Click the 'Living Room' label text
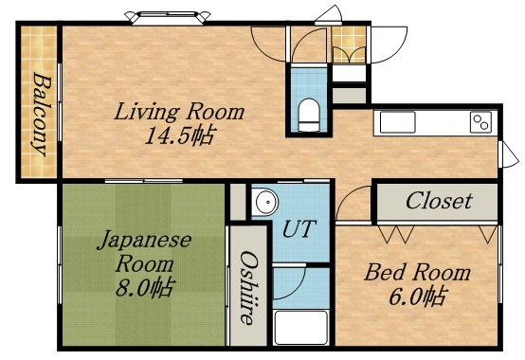tap(179, 112)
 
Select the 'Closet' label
tap(438, 201)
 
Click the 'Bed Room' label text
tap(418, 273)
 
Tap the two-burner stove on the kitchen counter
tap(480, 122)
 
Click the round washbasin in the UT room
tap(265, 202)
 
